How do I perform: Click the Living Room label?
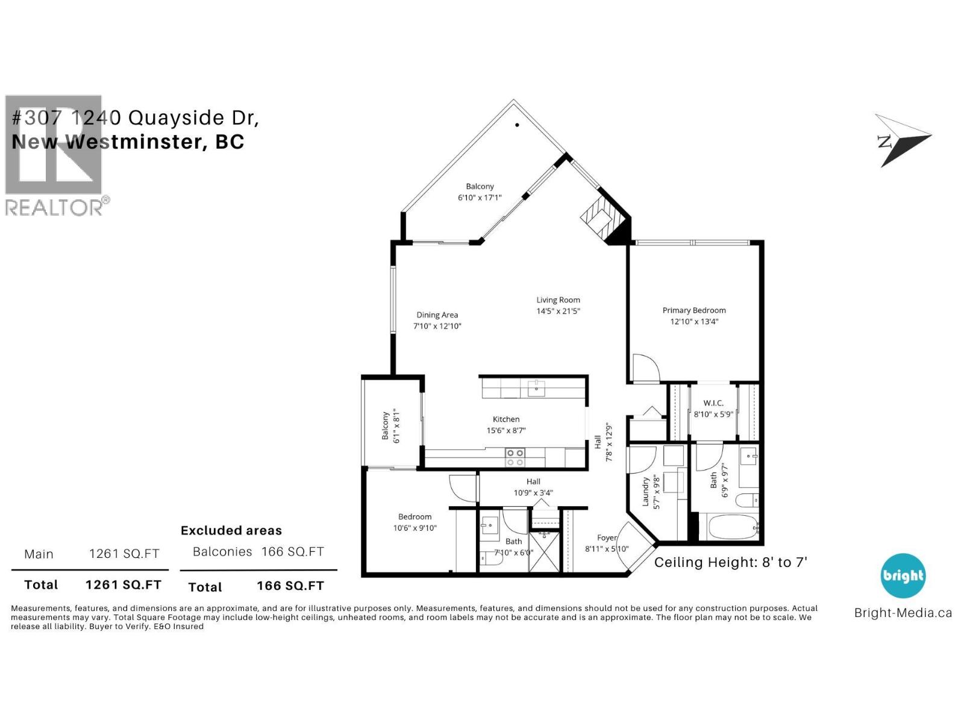pyautogui.click(x=558, y=300)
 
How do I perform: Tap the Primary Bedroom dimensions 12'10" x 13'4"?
pyautogui.click(x=694, y=322)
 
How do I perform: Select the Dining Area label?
pyautogui.click(x=437, y=315)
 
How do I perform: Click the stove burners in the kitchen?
pyautogui.click(x=515, y=457)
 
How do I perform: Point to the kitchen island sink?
pyautogui.click(x=536, y=388)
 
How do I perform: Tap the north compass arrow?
pyautogui.click(x=901, y=140)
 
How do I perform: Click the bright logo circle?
pyautogui.click(x=903, y=576)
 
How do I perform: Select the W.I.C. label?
pyautogui.click(x=713, y=403)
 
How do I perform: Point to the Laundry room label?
pyautogui.click(x=646, y=492)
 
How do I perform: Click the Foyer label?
pyautogui.click(x=607, y=538)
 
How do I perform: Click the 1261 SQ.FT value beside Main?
pyautogui.click(x=124, y=554)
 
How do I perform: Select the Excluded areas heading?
pyautogui.click(x=231, y=531)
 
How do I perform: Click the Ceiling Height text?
pyautogui.click(x=730, y=563)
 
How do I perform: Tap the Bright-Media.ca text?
pyautogui.click(x=903, y=613)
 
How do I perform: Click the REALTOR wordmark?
pyautogui.click(x=54, y=208)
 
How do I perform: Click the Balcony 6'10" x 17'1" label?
pyautogui.click(x=480, y=192)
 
